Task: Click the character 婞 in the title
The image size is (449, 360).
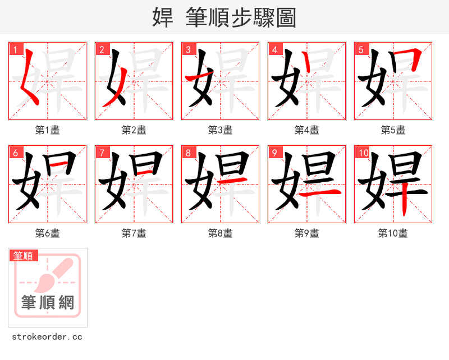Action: click(x=163, y=17)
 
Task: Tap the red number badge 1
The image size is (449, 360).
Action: click(x=16, y=50)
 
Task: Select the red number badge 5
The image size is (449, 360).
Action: click(x=361, y=50)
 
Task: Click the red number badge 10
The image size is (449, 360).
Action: click(x=363, y=153)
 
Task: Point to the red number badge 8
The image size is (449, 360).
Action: click(x=188, y=153)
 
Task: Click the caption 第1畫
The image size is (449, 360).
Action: click(x=48, y=130)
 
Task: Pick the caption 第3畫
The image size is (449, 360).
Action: click(x=220, y=130)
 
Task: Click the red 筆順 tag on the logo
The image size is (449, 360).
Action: click(x=24, y=256)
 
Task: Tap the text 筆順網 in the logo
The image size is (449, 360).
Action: click(x=48, y=303)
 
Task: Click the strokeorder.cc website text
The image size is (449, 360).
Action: click(x=47, y=337)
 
